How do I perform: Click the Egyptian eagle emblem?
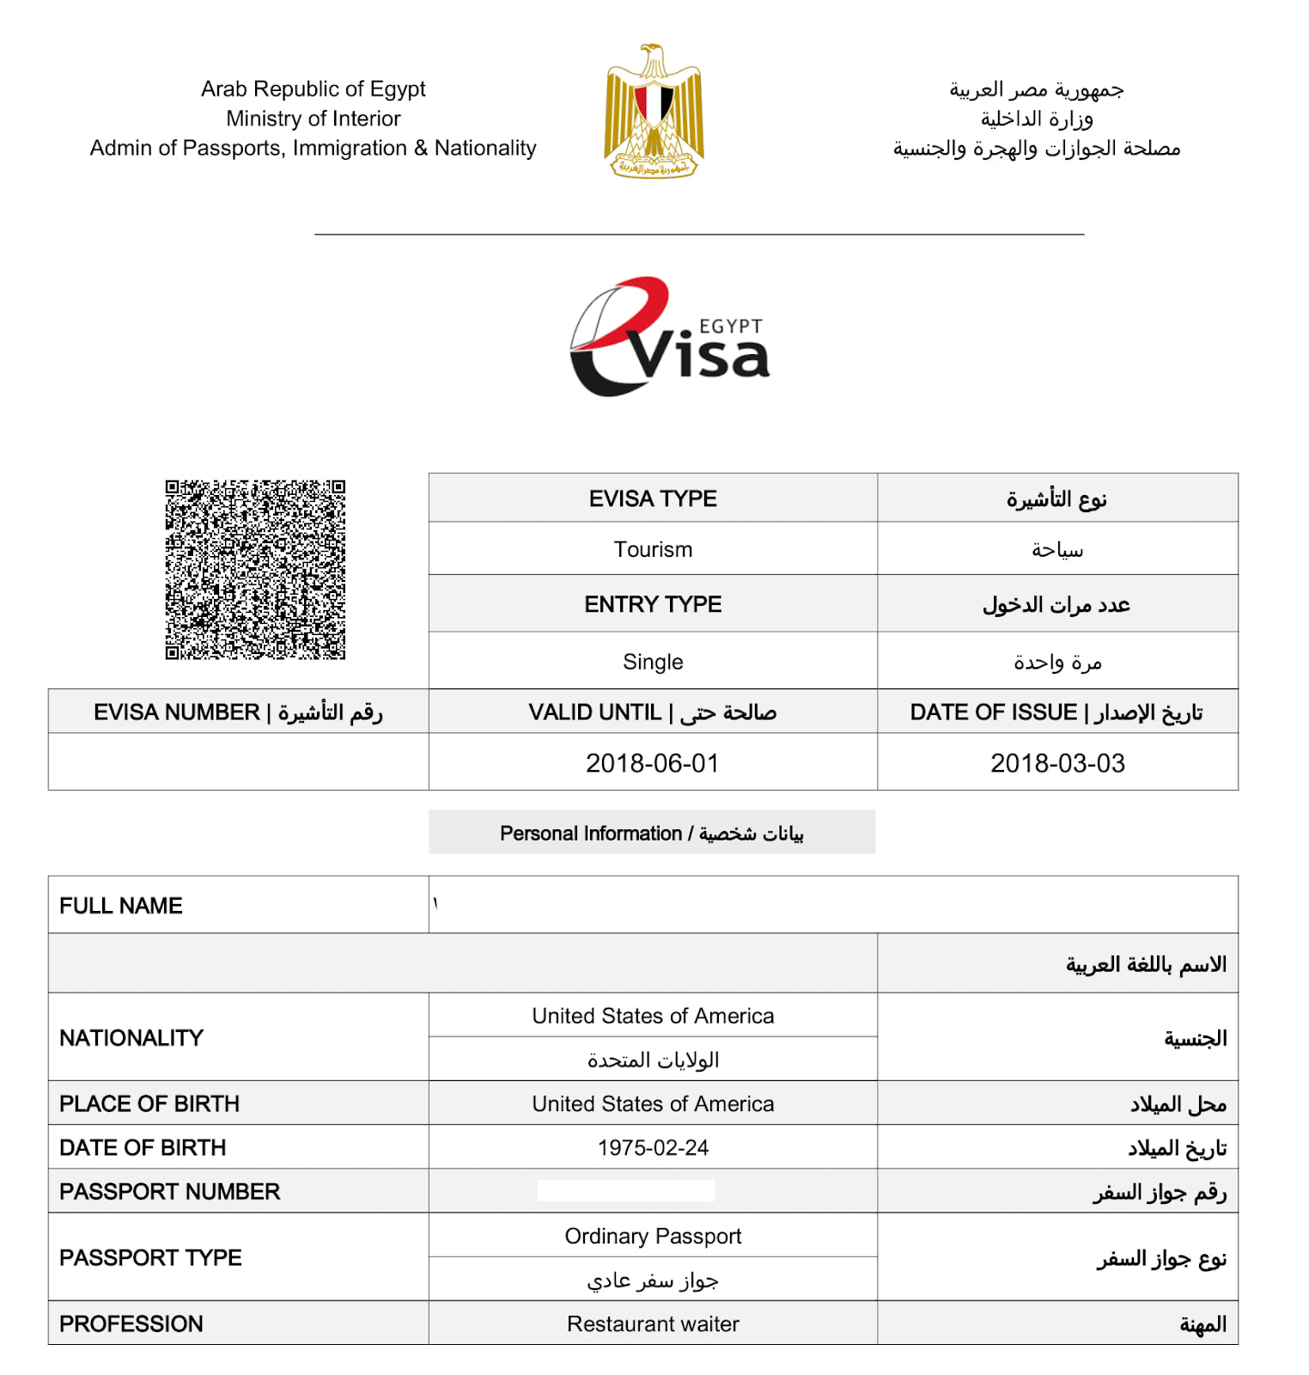pyautogui.click(x=654, y=112)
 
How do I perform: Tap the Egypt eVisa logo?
pyautogui.click(x=670, y=338)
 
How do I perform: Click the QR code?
pyautogui.click(x=255, y=570)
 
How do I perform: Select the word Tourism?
pyautogui.click(x=653, y=549)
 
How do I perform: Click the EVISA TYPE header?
pyautogui.click(x=653, y=498)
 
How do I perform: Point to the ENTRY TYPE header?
pyautogui.click(x=653, y=604)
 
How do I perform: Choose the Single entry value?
pyautogui.click(x=653, y=662)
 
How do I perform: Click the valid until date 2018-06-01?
pyautogui.click(x=653, y=763)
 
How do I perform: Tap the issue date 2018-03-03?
pyautogui.click(x=1057, y=763)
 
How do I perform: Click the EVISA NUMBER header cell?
pyautogui.click(x=238, y=712)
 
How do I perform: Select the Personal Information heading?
pyautogui.click(x=651, y=833)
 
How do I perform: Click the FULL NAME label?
pyautogui.click(x=121, y=906)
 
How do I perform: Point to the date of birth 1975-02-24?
pyautogui.click(x=653, y=1148)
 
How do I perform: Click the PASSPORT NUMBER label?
pyautogui.click(x=169, y=1192)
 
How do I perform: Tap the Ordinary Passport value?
pyautogui.click(x=653, y=1236)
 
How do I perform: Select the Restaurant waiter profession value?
pyautogui.click(x=653, y=1324)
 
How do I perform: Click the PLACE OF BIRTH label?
pyautogui.click(x=149, y=1103)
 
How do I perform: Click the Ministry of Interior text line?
pyautogui.click(x=314, y=119)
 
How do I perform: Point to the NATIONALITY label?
pyautogui.click(x=131, y=1038)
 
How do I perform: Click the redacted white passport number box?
pyautogui.click(x=625, y=1190)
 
